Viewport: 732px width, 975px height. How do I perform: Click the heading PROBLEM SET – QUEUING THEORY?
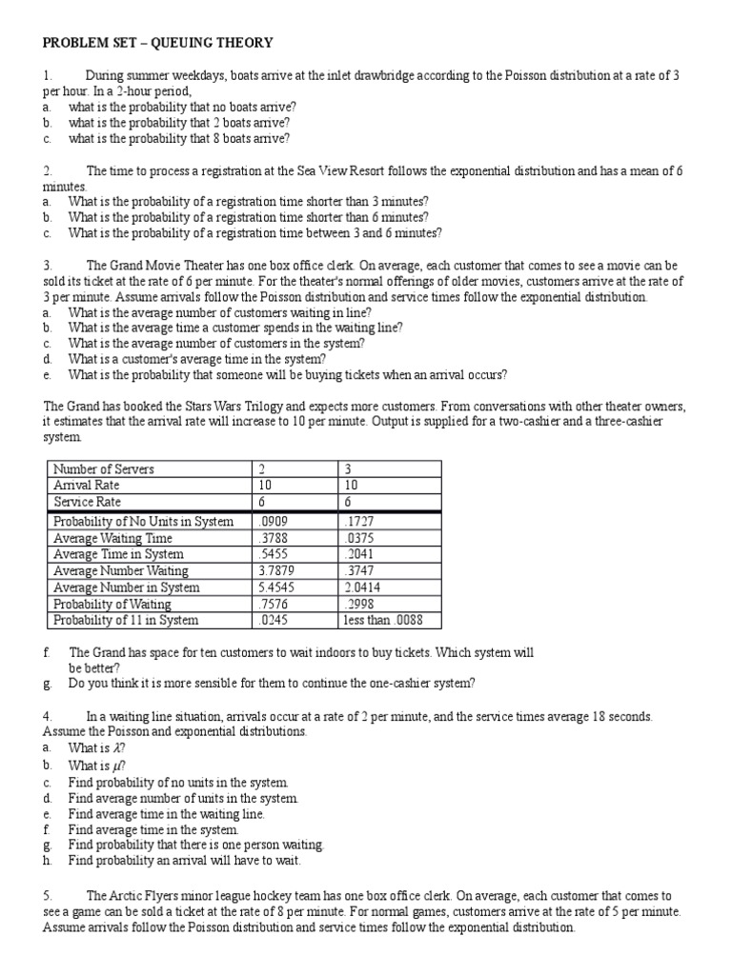[157, 43]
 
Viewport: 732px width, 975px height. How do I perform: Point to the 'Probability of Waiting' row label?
[112, 604]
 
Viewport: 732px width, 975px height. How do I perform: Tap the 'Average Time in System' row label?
[118, 554]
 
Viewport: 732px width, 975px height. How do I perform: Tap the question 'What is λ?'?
[97, 748]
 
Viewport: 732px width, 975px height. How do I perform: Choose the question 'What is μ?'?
[97, 766]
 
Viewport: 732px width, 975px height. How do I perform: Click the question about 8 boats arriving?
[179, 138]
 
